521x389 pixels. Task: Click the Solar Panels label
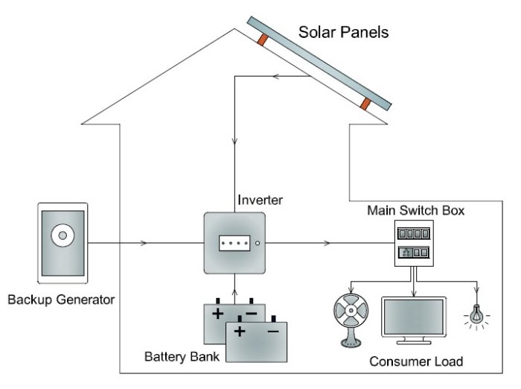343,32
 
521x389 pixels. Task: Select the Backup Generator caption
61,300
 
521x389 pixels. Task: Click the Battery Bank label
182,356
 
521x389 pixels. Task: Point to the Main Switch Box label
416,211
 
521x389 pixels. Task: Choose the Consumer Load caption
416,361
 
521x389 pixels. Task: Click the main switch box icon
413,245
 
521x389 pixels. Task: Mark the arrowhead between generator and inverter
143,243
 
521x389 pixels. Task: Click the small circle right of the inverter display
257,243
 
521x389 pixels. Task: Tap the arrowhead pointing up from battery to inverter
235,279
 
